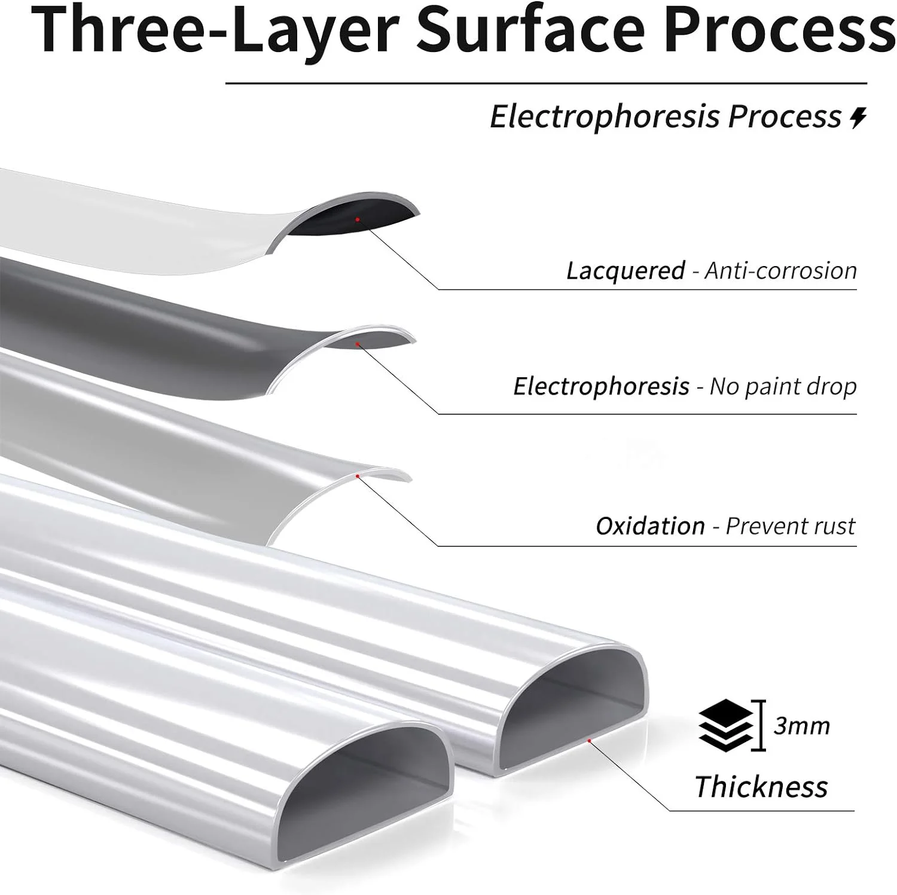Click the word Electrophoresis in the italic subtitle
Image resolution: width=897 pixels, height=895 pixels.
point(604,117)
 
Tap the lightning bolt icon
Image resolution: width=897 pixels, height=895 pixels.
point(859,118)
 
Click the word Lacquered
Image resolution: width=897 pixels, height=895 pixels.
point(626,271)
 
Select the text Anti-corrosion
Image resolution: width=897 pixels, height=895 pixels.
point(780,271)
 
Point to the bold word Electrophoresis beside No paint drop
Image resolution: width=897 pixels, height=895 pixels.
point(601,386)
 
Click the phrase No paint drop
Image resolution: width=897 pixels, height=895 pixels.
point(783,386)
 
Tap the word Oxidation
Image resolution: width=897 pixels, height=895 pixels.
point(650,526)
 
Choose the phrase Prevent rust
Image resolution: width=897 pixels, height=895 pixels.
point(790,526)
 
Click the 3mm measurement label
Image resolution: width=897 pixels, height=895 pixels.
point(801,726)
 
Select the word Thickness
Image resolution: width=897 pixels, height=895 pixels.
point(761,786)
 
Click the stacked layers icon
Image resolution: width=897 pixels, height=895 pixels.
point(725,725)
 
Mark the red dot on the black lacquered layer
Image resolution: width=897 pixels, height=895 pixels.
point(357,219)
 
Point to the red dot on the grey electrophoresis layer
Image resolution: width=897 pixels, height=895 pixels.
point(357,344)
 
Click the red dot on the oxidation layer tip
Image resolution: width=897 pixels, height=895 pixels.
point(357,476)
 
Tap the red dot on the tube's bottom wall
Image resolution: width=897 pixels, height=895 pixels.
point(589,741)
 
